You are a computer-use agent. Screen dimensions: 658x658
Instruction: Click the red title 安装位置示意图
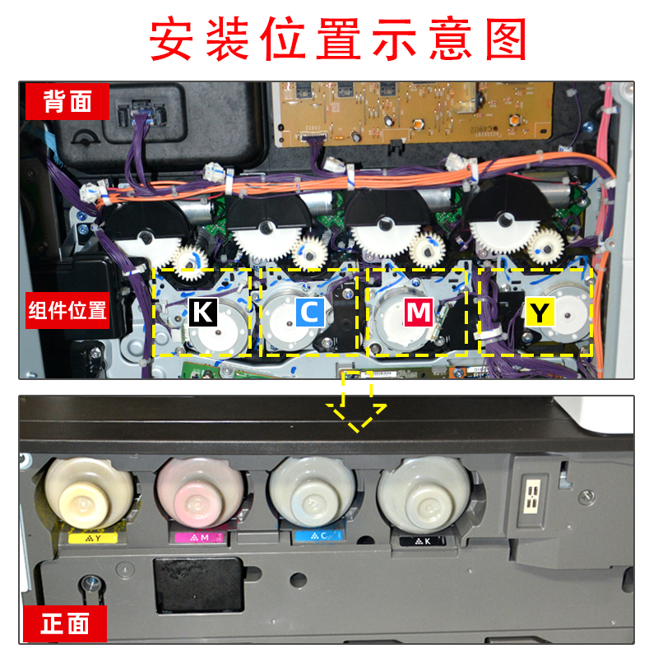(329, 39)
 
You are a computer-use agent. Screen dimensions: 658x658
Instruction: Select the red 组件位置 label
(67, 311)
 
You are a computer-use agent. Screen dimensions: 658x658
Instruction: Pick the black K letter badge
(202, 313)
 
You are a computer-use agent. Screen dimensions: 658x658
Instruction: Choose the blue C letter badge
(309, 313)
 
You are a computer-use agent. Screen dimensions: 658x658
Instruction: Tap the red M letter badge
(418, 313)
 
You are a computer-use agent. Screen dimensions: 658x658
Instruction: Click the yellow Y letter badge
(540, 313)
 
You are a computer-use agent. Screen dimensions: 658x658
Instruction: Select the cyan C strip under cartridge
(316, 538)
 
